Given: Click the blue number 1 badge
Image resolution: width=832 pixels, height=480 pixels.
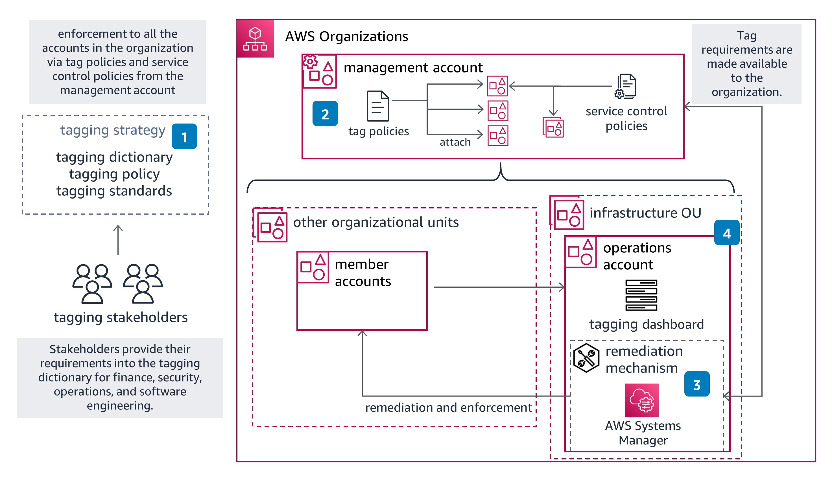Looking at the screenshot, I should (184, 136).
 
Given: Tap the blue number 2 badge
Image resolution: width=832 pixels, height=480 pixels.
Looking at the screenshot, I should (325, 114).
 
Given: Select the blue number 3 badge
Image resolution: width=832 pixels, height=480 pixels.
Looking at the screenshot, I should (697, 384).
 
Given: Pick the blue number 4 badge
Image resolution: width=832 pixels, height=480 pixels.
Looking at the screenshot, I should (726, 233).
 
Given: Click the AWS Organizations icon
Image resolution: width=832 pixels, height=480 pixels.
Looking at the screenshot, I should (255, 39).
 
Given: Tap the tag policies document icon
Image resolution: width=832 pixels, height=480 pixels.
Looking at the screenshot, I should (378, 106).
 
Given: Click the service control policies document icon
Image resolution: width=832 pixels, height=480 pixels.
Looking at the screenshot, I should (625, 86).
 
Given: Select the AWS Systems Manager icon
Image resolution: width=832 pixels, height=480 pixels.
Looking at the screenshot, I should (641, 400).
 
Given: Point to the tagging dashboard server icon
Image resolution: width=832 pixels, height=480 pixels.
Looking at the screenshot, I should (641, 295).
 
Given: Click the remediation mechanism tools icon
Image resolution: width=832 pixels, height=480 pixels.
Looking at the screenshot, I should (586, 358).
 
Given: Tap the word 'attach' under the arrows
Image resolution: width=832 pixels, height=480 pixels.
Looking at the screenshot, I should (455, 142).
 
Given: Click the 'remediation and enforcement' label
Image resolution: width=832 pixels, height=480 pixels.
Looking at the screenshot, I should (448, 408).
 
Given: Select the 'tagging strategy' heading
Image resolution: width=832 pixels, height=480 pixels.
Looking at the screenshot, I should (113, 130).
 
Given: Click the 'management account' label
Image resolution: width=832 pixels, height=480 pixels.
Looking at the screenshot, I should (413, 68).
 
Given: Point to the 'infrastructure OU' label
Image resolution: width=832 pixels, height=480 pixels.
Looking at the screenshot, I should (645, 213).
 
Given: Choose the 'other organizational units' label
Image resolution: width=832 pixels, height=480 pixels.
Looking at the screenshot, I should (376, 222).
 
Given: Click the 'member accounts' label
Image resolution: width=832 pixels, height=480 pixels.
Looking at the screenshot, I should (363, 273).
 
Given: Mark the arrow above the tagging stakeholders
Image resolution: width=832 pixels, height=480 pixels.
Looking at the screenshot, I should (118, 240).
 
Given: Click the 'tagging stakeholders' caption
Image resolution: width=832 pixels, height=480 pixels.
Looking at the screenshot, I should (121, 317).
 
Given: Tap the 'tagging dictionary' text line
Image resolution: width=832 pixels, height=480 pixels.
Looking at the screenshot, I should (114, 157).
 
